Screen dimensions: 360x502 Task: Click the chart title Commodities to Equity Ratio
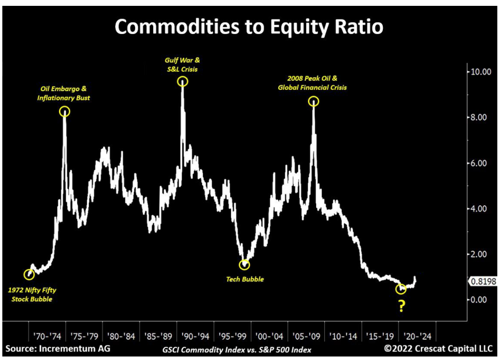250,27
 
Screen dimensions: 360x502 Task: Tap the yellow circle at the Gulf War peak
182,82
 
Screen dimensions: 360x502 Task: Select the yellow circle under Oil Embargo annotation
64,111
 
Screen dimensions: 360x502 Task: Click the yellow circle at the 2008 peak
314,101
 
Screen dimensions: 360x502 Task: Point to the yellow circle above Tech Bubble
244,264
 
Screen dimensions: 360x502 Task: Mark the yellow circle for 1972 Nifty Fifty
29,274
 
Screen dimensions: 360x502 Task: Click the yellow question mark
401,306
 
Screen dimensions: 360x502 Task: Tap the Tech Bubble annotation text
245,279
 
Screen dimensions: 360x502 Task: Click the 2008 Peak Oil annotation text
313,84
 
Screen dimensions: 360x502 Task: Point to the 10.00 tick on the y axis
483,72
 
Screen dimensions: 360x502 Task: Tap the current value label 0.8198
483,281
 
